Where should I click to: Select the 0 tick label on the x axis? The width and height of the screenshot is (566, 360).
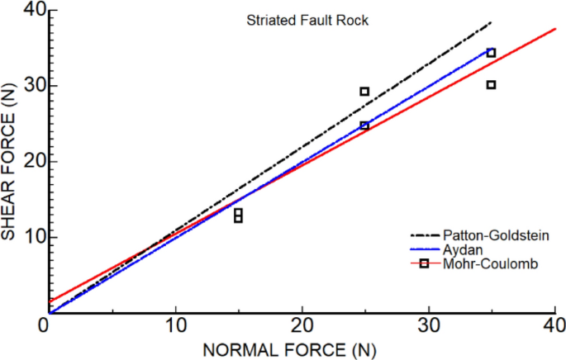[x=48, y=326]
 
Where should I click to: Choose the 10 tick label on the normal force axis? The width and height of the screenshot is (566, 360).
[x=175, y=326]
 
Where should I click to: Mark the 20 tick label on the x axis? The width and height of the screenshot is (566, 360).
[x=302, y=326]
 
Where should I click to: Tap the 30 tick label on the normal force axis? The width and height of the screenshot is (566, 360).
[x=428, y=326]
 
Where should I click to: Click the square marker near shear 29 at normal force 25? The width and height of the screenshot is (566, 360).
[x=364, y=92]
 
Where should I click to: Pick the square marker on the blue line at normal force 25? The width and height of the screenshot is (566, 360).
[x=364, y=126]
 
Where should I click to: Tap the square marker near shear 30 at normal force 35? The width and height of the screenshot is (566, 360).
[x=491, y=85]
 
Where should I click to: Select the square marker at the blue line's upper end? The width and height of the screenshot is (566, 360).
[x=491, y=53]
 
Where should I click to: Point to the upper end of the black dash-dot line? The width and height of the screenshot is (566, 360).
[x=492, y=22]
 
